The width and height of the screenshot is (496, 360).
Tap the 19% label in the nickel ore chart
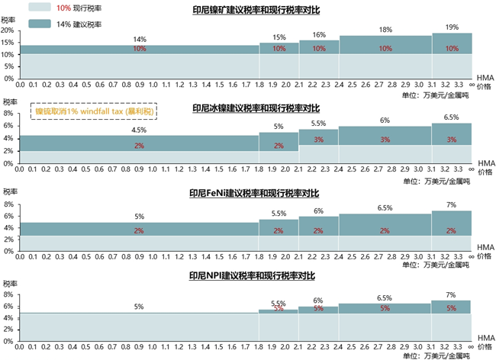pyautogui.click(x=452, y=27)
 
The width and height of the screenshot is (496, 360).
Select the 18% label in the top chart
pyautogui.click(x=385, y=31)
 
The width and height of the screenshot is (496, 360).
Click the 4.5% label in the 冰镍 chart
pyautogui.click(x=140, y=130)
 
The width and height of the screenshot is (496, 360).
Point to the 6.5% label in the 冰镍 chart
pyautogui.click(x=452, y=117)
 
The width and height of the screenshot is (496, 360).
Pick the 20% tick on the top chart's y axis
pyautogui.click(x=8, y=31)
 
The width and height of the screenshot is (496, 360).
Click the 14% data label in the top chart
pyautogui.click(x=140, y=39)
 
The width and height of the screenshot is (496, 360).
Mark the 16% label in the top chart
pyautogui.click(x=319, y=34)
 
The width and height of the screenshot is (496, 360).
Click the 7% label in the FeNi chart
pyautogui.click(x=452, y=204)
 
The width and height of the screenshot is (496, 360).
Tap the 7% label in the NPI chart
pyautogui.click(x=452, y=294)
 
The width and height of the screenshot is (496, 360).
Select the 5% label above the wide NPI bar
pyautogui.click(x=140, y=307)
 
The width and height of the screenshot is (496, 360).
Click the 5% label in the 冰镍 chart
pyautogui.click(x=279, y=127)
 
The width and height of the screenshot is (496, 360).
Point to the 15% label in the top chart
pyautogui.click(x=279, y=37)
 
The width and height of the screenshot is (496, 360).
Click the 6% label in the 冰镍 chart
pyautogui.click(x=385, y=121)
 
